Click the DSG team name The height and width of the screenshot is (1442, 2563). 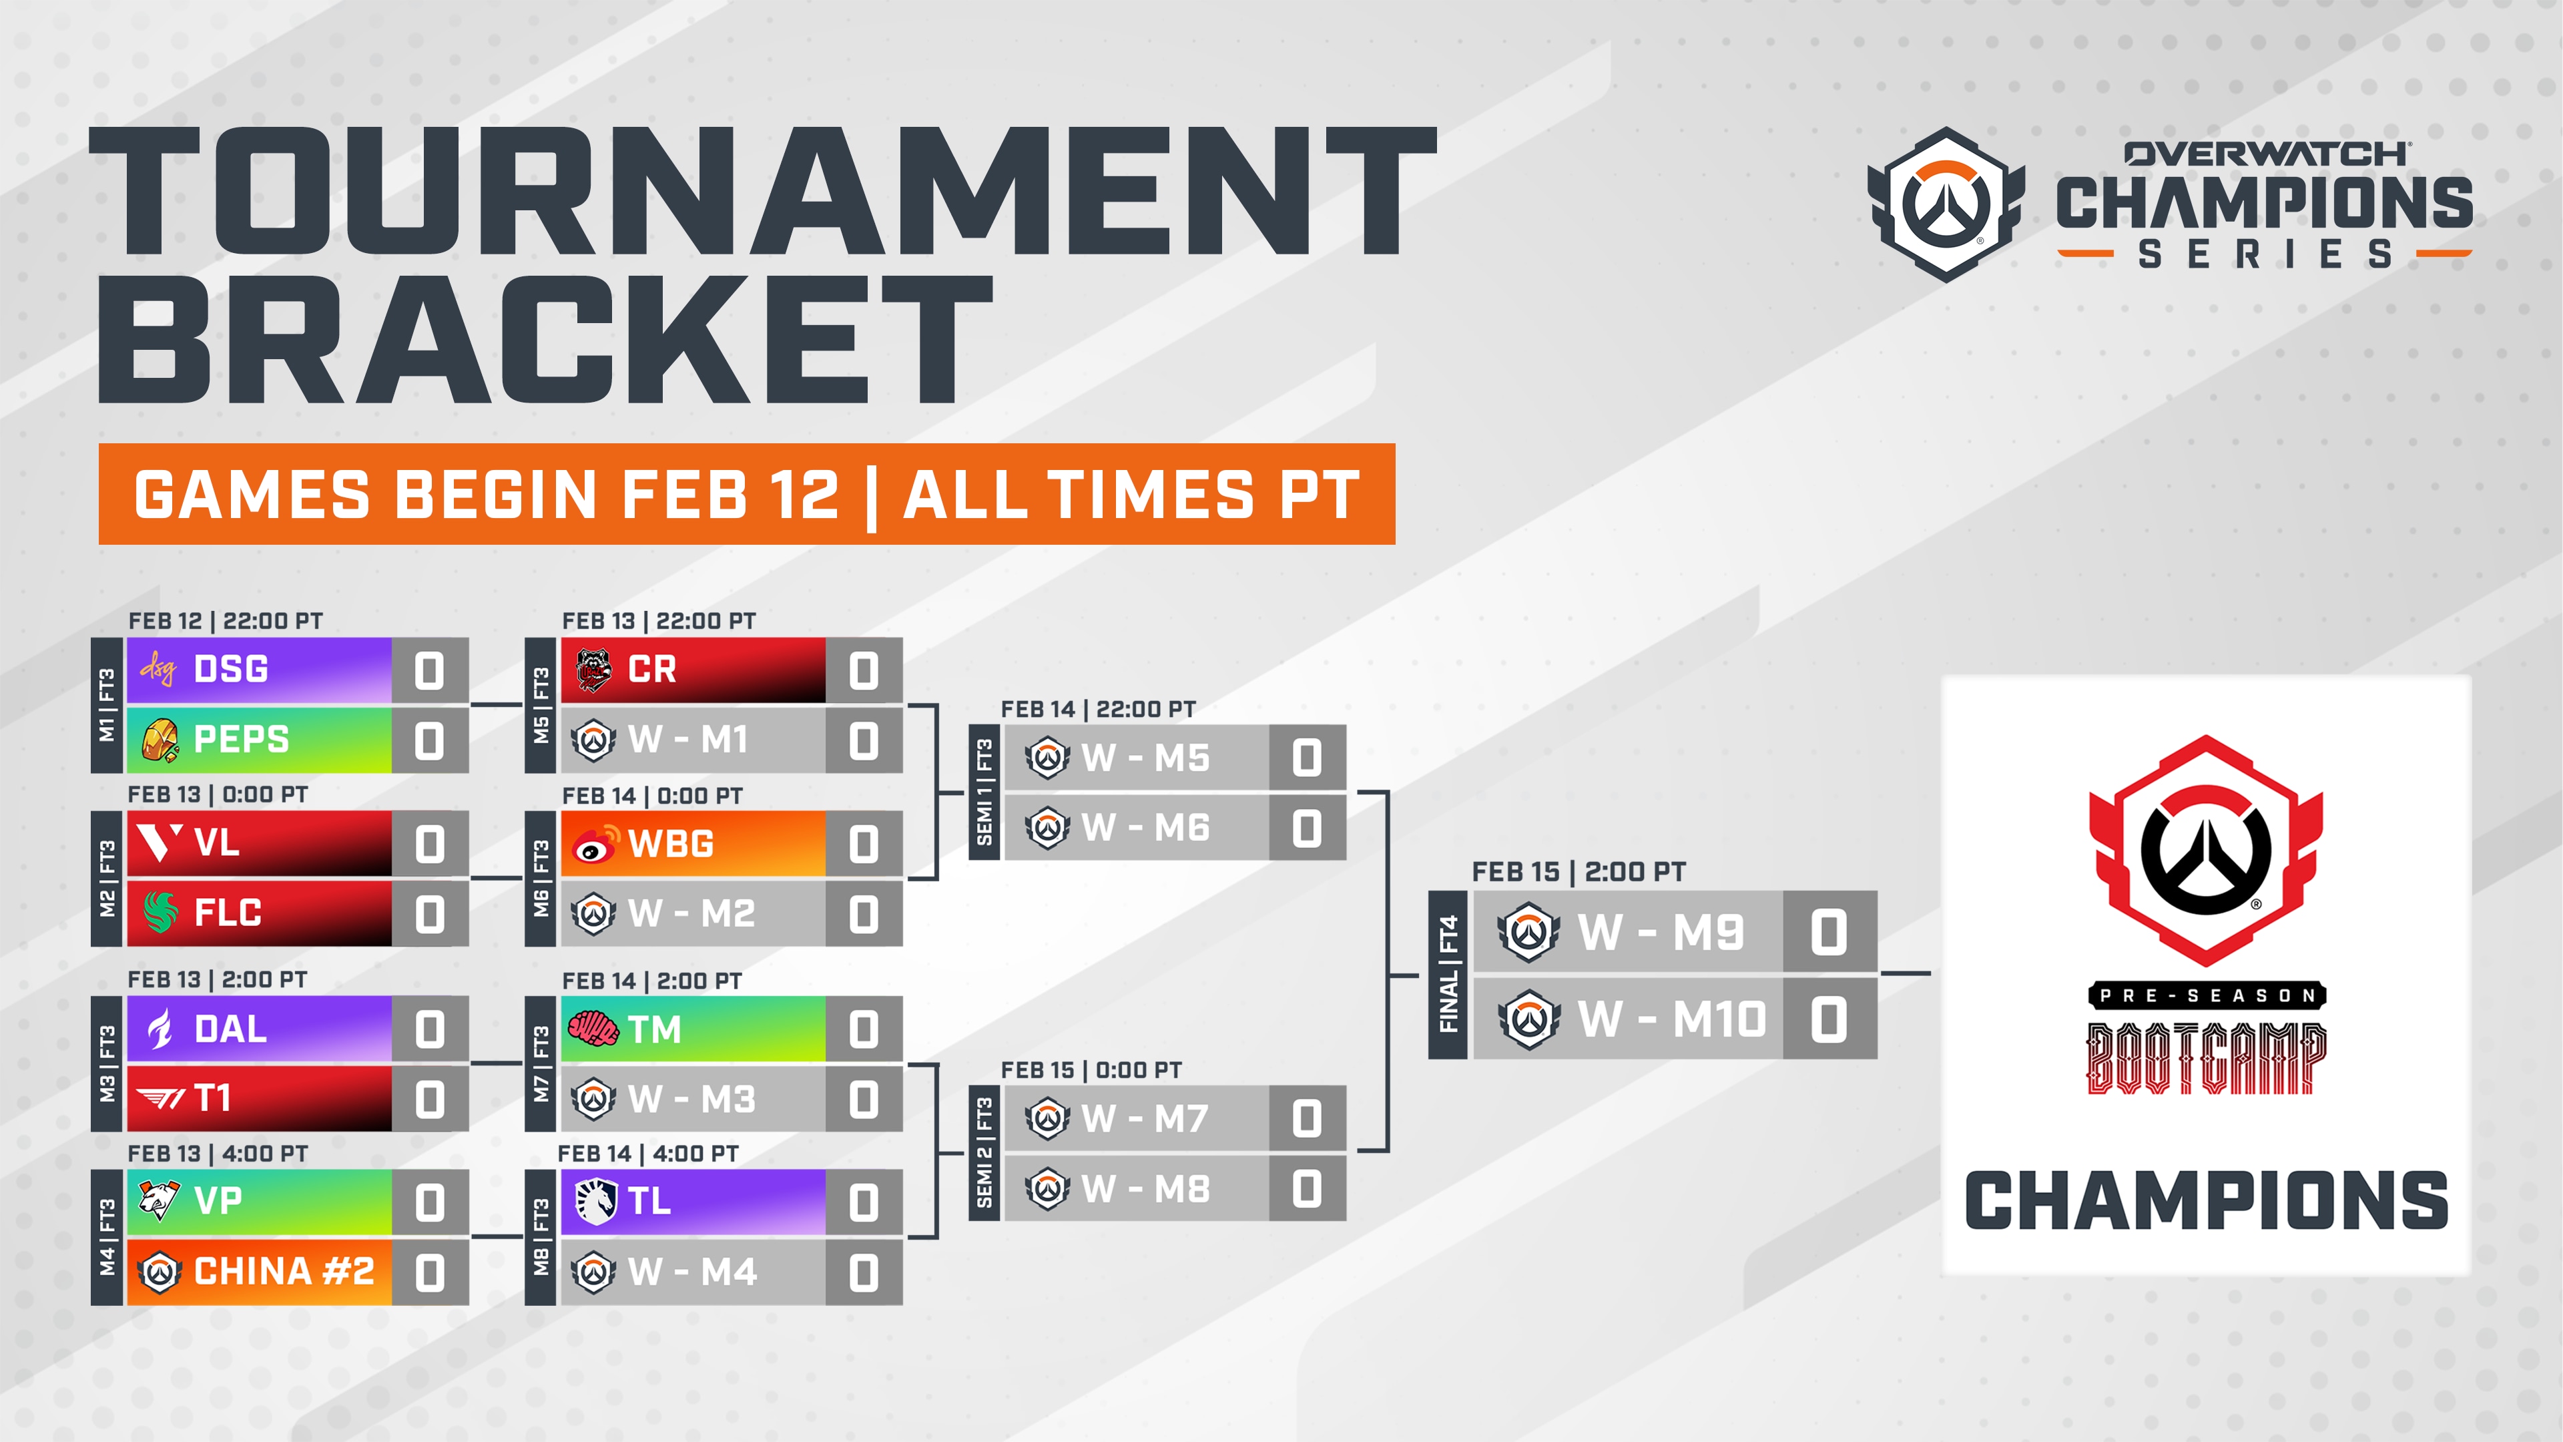pos(231,670)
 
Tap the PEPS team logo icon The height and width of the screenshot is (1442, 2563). pos(160,740)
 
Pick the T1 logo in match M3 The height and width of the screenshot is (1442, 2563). pos(160,1099)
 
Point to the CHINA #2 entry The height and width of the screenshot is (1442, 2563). pos(284,1272)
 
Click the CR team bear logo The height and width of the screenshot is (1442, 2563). pos(594,670)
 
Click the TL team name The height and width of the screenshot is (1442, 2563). pos(649,1201)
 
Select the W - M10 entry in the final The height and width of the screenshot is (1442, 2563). pos(1671,1019)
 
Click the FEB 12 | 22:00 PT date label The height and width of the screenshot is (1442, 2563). pos(226,621)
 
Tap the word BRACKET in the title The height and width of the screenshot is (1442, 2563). pos(545,340)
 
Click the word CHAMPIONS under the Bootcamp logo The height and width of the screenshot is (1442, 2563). pos(2206,1201)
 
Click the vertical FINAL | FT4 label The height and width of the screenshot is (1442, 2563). pos(1448,974)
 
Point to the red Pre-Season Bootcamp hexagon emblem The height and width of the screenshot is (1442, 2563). pos(2206,851)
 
